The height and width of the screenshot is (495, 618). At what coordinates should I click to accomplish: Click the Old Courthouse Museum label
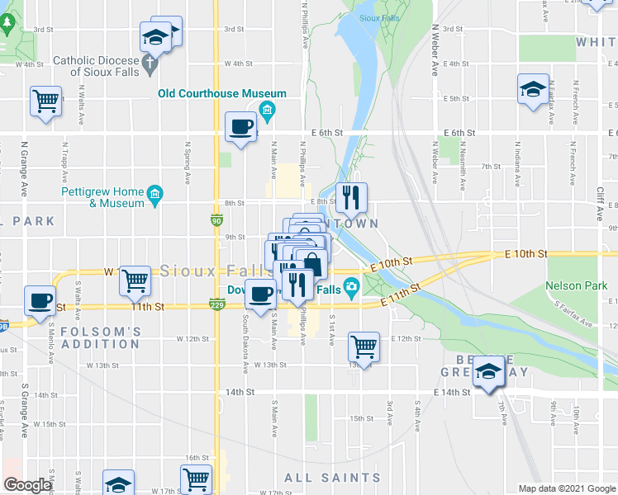point(222,94)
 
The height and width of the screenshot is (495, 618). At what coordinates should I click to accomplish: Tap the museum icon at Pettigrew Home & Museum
point(154,195)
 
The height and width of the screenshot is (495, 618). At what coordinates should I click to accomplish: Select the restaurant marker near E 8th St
point(350,196)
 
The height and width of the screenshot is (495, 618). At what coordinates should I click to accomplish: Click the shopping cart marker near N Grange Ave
point(45,101)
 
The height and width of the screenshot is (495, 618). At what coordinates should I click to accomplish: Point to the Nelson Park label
point(570,286)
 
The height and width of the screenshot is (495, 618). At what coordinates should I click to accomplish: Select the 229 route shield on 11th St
point(216,306)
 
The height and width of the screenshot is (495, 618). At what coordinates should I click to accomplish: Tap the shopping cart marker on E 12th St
point(364,346)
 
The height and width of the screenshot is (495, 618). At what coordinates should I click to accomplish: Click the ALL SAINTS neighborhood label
point(332,478)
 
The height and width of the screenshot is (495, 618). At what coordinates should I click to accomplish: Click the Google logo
point(27,485)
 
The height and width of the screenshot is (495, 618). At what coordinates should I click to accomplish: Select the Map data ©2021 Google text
point(567,488)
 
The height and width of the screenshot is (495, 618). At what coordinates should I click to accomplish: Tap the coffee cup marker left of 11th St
point(40,299)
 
